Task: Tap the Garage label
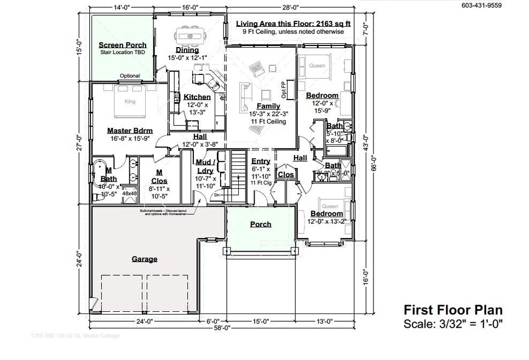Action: tap(145, 259)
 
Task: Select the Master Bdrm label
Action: tap(130, 130)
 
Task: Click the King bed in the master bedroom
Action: tap(130, 104)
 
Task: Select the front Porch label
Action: tap(261, 224)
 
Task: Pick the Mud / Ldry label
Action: tap(205, 166)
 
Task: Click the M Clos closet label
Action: tap(159, 176)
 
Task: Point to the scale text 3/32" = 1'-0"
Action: tap(470, 324)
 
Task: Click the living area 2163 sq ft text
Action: tap(293, 24)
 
